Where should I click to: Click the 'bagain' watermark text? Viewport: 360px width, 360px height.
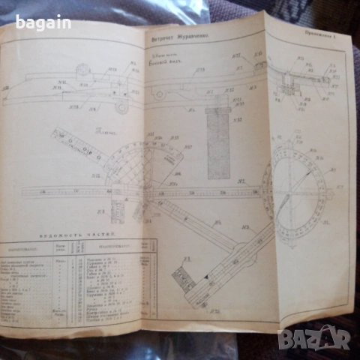(x=43, y=22)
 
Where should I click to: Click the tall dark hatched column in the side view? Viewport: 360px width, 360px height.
(x=218, y=142)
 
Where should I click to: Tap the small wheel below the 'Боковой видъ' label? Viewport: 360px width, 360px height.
(x=160, y=95)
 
